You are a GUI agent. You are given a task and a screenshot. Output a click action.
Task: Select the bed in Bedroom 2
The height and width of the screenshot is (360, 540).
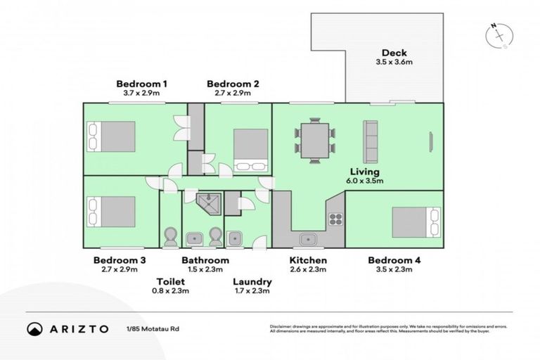pyautogui.click(x=250, y=150)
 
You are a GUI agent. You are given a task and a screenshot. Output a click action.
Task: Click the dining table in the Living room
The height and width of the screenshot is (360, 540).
pyautogui.click(x=315, y=139)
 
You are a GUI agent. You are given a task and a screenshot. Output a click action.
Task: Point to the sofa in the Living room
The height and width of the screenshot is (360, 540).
pyautogui.click(x=370, y=137)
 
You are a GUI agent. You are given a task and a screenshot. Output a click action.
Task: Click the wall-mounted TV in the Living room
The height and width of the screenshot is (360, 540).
pyautogui.click(x=429, y=141)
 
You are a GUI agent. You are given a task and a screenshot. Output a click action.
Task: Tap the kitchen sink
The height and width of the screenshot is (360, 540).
pyautogui.click(x=307, y=239)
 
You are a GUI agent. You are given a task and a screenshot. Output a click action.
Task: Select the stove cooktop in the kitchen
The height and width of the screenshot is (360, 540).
pyautogui.click(x=335, y=219)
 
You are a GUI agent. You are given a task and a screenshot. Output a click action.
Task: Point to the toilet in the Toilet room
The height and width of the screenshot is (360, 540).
pyautogui.click(x=169, y=238)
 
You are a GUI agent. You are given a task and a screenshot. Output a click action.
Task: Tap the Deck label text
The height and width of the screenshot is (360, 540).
pyautogui.click(x=394, y=53)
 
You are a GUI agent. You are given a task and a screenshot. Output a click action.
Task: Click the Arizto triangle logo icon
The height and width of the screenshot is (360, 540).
pyautogui.click(x=34, y=328)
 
